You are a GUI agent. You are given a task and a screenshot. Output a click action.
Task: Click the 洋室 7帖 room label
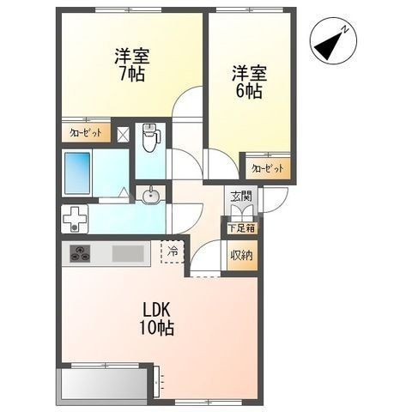click(x=131, y=64)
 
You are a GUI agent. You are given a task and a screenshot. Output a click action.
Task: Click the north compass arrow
click(x=330, y=43)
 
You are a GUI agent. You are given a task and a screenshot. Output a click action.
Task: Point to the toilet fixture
click(x=149, y=137)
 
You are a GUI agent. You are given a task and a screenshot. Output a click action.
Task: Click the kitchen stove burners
click(x=81, y=253)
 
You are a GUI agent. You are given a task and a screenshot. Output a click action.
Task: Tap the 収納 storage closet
click(x=241, y=255)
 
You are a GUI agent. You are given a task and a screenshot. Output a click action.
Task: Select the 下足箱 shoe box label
click(x=240, y=228)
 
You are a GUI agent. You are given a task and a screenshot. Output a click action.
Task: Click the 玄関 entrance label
click(x=240, y=197)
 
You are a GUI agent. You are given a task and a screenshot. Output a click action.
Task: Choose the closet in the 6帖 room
click(x=266, y=169)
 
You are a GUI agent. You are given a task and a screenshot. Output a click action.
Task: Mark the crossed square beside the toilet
click(x=124, y=133)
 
